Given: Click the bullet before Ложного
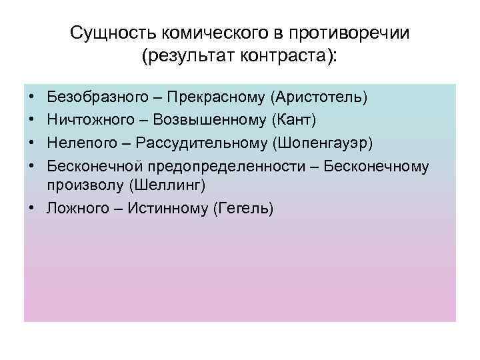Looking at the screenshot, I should pyautogui.click(x=31, y=209).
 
